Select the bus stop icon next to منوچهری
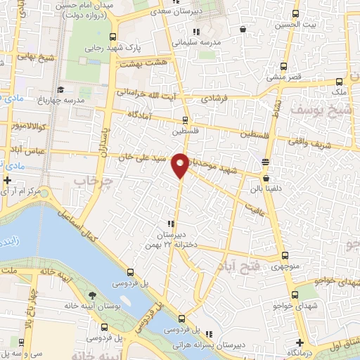click(285, 256)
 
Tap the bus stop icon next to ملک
click(340, 82)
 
